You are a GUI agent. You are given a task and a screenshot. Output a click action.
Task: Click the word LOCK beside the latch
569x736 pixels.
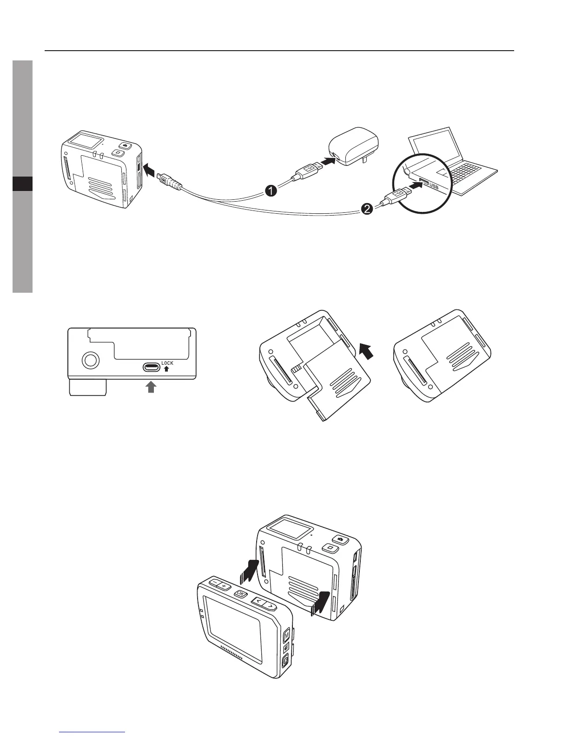tap(167, 363)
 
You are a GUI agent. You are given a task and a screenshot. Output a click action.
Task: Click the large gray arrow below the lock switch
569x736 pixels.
tap(151, 387)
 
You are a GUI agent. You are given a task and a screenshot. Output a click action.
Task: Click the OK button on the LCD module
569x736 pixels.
tap(240, 593)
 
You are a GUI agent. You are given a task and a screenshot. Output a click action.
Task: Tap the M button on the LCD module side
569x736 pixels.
tap(286, 634)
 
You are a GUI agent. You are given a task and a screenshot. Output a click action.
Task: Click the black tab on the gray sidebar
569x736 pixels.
tap(22, 184)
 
